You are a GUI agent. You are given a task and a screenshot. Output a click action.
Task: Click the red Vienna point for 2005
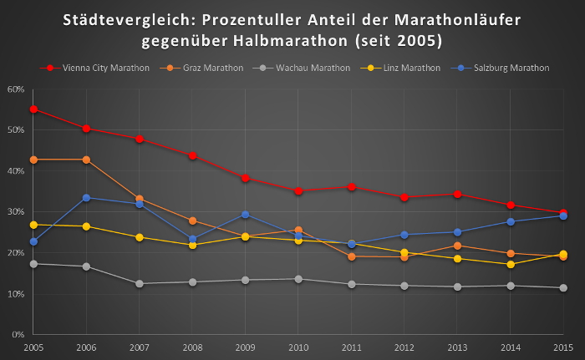click(33, 109)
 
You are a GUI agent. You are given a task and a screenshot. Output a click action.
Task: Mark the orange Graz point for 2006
click(87, 160)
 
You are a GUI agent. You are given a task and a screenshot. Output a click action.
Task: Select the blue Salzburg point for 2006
click(87, 198)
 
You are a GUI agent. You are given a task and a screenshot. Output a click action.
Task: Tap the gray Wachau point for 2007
click(140, 284)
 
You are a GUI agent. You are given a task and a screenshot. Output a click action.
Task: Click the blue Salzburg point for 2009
click(246, 215)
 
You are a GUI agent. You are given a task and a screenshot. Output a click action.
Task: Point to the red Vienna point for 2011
click(352, 187)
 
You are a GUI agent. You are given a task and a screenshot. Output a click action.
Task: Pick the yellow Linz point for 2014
click(511, 264)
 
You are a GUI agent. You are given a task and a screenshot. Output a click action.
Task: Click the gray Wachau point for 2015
click(563, 288)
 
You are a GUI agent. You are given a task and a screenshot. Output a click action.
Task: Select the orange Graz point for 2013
click(458, 246)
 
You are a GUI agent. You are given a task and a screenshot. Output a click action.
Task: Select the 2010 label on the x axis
click(298, 347)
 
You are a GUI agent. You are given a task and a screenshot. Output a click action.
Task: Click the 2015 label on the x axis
click(563, 347)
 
